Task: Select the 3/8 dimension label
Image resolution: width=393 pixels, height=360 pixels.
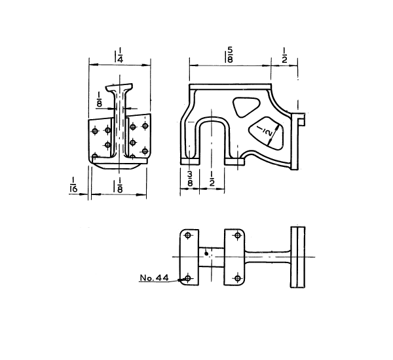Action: click(x=190, y=179)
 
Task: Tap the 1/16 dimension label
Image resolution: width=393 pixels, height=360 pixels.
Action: click(x=73, y=185)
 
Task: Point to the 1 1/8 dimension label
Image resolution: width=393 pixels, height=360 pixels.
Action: click(x=118, y=185)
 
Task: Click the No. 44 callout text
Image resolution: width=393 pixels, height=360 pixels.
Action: click(x=154, y=278)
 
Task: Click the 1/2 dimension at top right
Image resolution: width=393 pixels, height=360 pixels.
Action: click(x=285, y=55)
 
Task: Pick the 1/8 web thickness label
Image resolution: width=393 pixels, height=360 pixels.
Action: click(x=100, y=99)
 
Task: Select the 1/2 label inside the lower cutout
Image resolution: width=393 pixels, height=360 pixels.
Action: click(x=264, y=131)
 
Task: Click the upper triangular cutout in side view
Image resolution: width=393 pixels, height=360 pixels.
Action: click(x=246, y=107)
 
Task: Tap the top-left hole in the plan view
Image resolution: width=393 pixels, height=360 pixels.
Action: click(x=187, y=236)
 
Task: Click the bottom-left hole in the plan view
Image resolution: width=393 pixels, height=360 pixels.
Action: click(x=188, y=278)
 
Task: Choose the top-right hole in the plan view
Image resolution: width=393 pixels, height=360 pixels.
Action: click(x=237, y=236)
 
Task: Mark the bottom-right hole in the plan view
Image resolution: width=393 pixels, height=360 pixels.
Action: click(x=238, y=278)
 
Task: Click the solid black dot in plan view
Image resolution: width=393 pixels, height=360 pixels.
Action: click(x=206, y=254)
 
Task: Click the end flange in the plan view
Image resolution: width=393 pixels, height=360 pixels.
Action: click(x=298, y=257)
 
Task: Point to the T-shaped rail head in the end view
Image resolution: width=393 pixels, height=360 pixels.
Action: click(x=119, y=88)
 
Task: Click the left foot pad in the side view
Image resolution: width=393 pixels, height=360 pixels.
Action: click(x=190, y=162)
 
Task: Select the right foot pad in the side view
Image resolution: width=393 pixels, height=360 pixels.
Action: click(x=234, y=162)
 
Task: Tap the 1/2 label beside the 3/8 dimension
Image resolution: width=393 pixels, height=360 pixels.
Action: click(x=212, y=179)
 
